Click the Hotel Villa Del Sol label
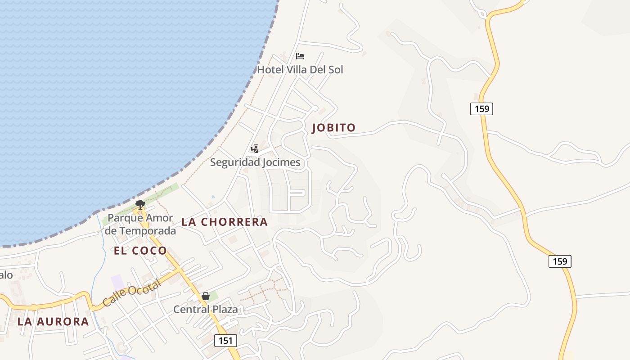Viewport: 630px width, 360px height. [300, 70]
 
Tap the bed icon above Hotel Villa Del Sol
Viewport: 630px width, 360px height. [300, 56]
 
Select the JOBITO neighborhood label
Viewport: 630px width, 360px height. [334, 128]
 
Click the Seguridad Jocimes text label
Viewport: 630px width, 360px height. [255, 162]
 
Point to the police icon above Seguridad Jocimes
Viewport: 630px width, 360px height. [255, 148]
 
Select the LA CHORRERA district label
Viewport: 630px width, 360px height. [225, 222]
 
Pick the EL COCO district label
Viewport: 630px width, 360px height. [140, 251]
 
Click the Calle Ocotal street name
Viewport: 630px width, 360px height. [131, 293]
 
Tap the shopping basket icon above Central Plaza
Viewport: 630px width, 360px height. [206, 296]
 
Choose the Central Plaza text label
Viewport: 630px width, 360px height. [206, 310]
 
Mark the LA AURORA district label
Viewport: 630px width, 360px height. [53, 322]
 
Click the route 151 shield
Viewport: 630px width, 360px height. [225, 341]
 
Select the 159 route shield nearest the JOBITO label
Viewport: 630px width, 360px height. [481, 109]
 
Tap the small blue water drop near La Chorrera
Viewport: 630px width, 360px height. [213, 197]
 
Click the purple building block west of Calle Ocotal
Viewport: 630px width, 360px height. [117, 282]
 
